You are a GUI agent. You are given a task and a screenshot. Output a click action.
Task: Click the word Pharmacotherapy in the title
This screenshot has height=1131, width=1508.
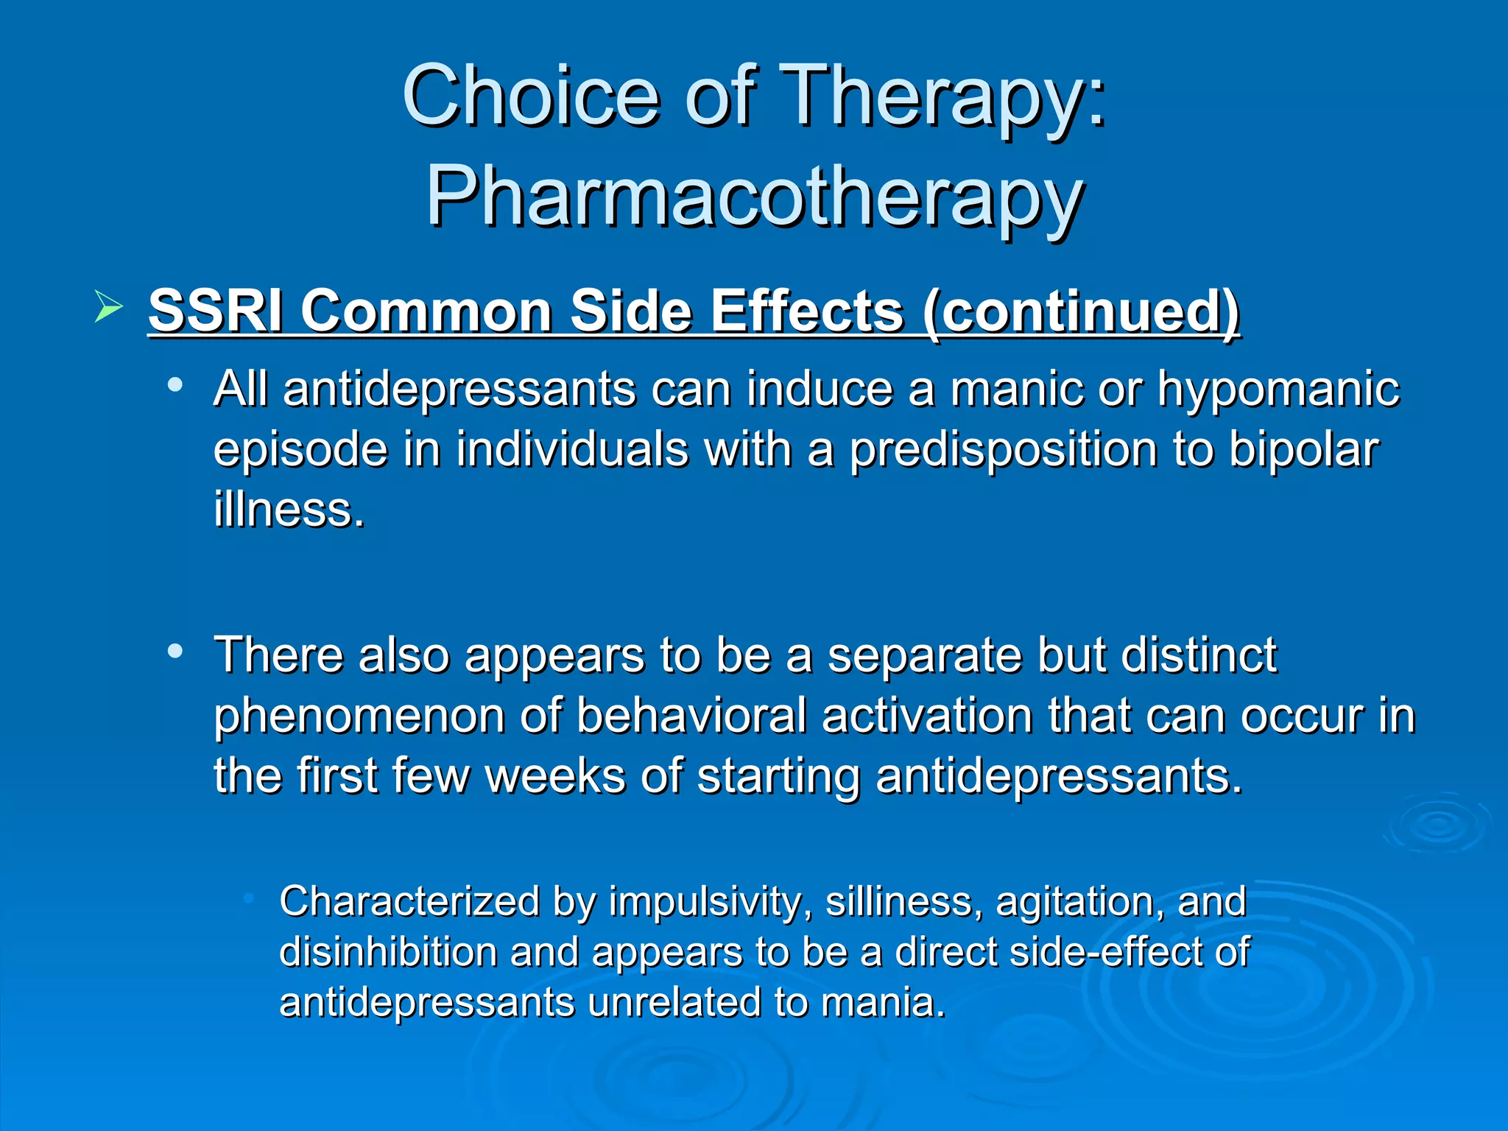point(754,197)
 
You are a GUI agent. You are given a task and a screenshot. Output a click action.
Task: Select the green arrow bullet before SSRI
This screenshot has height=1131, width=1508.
point(108,307)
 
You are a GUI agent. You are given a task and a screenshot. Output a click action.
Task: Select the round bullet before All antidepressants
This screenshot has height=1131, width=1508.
point(175,385)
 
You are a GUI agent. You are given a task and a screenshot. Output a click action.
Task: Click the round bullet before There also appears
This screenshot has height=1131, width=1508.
point(175,651)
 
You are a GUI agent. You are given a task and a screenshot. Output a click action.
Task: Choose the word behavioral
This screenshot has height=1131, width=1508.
point(691,716)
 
